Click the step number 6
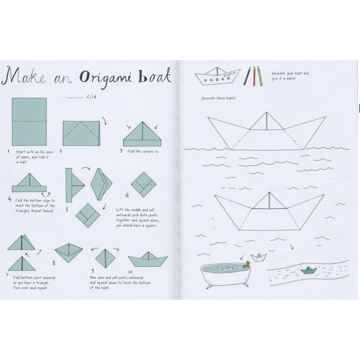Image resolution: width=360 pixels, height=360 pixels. [127, 195]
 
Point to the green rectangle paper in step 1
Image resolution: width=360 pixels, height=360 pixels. [29, 121]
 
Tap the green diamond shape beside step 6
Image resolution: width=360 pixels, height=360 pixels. [144, 185]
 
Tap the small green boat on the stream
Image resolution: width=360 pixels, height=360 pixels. [309, 270]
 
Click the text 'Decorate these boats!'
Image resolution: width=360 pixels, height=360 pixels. [219, 99]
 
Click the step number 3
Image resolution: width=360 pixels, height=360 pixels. [121, 151]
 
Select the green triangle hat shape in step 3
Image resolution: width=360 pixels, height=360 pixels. [142, 135]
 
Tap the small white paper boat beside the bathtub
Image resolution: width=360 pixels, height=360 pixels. [258, 257]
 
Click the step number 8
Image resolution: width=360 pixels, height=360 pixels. [54, 263]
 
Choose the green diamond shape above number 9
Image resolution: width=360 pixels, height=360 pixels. [105, 258]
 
